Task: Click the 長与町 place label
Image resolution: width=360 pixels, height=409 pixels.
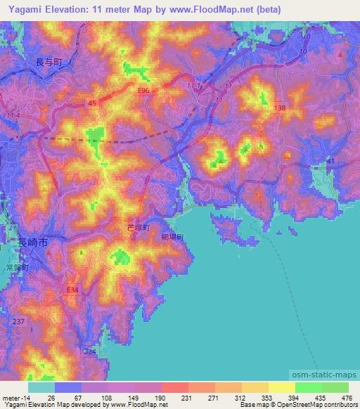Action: (49, 63)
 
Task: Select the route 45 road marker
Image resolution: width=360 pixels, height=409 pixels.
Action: (92, 103)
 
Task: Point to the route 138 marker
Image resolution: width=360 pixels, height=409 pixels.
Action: (281, 108)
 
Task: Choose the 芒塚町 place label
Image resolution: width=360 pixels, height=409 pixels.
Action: (138, 228)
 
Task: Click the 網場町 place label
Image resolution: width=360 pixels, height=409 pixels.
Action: (172, 238)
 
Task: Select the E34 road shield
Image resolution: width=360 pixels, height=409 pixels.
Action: (72, 289)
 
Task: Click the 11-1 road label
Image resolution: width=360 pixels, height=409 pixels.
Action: (195, 85)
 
